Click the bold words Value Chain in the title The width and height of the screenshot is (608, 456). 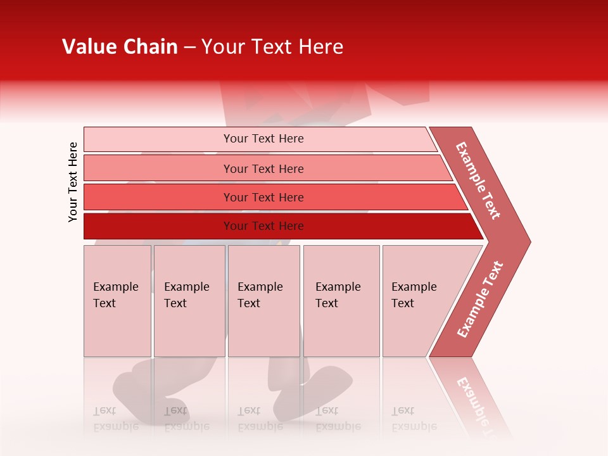pyautogui.click(x=120, y=47)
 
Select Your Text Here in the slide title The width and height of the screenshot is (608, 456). pyautogui.click(x=272, y=47)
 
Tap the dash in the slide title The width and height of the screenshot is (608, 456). pyautogui.click(x=189, y=47)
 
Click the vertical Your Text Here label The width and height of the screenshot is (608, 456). pyautogui.click(x=73, y=182)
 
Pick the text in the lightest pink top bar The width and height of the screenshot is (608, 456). pyautogui.click(x=263, y=139)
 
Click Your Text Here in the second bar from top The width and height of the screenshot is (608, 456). pyautogui.click(x=263, y=168)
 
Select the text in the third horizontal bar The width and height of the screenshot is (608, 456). pyautogui.click(x=263, y=198)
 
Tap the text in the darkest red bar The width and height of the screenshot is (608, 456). pyautogui.click(x=263, y=226)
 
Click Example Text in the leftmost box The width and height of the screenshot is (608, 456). pyautogui.click(x=115, y=295)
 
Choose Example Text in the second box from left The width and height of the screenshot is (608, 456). pyautogui.click(x=186, y=295)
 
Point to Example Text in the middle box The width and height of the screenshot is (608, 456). pyautogui.click(x=260, y=295)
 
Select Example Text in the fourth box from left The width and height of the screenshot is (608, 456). pyautogui.click(x=338, y=295)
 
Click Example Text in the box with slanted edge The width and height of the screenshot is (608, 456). pyautogui.click(x=414, y=295)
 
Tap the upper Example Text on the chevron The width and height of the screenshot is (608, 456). pyautogui.click(x=478, y=180)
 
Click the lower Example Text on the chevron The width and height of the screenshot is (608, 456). pyautogui.click(x=479, y=300)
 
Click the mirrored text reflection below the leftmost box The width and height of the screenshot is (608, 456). pyautogui.click(x=115, y=418)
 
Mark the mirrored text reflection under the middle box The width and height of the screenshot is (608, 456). pyautogui.click(x=260, y=418)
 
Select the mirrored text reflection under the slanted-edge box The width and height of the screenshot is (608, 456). pyautogui.click(x=414, y=418)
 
